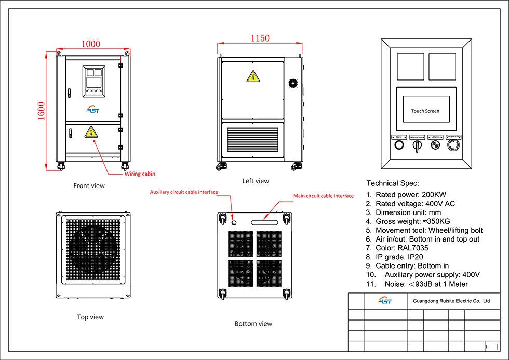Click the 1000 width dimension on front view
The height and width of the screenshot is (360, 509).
click(x=91, y=44)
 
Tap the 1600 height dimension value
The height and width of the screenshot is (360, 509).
click(x=42, y=111)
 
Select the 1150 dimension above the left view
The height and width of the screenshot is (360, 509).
click(x=260, y=38)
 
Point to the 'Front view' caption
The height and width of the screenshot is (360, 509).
click(x=89, y=185)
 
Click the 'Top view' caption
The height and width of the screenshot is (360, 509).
click(x=90, y=317)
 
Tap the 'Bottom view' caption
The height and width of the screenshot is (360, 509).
click(x=253, y=324)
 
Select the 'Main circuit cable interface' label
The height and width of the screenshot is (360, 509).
click(x=324, y=196)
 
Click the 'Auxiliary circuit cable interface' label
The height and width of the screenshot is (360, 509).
click(x=184, y=192)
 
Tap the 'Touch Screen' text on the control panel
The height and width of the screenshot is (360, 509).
click(x=425, y=111)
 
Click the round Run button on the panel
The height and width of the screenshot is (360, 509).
click(x=399, y=145)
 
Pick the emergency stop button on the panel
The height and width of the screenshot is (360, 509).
click(x=453, y=145)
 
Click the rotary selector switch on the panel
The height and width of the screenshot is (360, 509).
click(x=417, y=146)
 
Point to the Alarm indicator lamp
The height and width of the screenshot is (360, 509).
click(x=435, y=145)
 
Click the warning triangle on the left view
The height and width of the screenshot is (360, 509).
click(x=253, y=76)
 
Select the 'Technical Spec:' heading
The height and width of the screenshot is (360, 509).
click(x=393, y=183)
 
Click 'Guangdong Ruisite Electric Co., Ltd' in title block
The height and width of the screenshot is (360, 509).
click(x=451, y=301)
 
